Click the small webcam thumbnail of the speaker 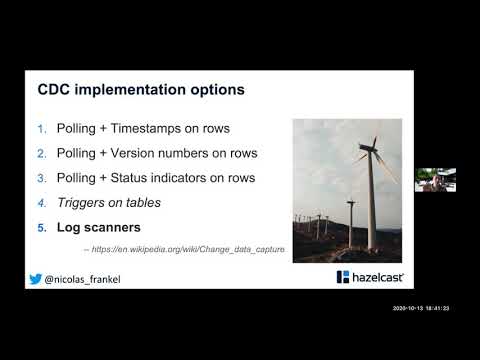pyautogui.click(x=435, y=179)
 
